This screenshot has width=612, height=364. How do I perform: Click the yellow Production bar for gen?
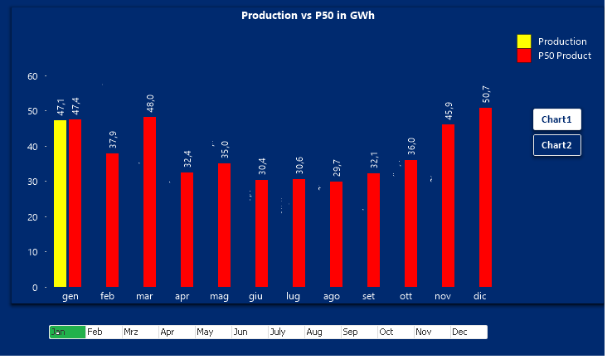[60, 203]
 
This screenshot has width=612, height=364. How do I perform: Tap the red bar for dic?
[485, 197]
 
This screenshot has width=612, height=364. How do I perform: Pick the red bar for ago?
[336, 234]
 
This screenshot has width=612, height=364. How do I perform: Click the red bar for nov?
[448, 206]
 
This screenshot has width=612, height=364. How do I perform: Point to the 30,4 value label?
[262, 166]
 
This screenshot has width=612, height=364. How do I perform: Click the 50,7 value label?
[486, 94]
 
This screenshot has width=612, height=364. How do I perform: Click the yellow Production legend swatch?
[523, 41]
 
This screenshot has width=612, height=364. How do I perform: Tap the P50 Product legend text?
[564, 56]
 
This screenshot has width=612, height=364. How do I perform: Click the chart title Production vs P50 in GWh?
[308, 16]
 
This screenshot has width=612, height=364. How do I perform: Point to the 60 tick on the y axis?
[32, 76]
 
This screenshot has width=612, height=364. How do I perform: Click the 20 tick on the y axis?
[32, 217]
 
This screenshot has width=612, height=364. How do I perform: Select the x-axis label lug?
[293, 296]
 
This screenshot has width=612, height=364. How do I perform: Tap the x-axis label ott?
[406, 296]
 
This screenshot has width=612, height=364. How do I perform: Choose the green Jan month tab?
[67, 332]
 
